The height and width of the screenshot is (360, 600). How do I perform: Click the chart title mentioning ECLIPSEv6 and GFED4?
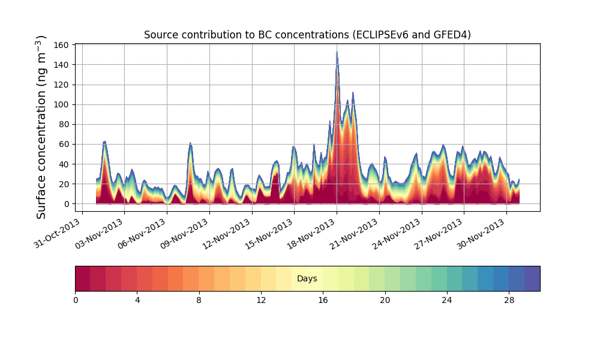click(x=307, y=35)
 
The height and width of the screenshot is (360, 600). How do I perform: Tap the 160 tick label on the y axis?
click(x=61, y=45)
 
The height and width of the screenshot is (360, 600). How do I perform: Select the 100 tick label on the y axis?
click(x=61, y=105)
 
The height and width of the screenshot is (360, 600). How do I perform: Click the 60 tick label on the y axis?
click(x=64, y=145)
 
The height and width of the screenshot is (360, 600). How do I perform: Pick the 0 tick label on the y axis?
click(x=67, y=204)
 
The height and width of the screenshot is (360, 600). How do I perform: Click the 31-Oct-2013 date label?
click(x=58, y=233)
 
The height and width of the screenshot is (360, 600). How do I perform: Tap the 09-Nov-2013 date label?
click(x=184, y=233)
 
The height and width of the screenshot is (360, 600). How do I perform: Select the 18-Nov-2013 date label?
click(x=311, y=233)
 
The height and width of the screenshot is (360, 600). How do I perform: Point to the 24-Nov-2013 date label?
click(x=397, y=233)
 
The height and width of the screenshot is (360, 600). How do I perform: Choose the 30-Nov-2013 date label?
click(x=481, y=233)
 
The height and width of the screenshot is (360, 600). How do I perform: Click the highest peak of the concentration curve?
click(x=337, y=52)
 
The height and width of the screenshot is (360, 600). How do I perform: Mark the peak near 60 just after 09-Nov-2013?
click(x=190, y=143)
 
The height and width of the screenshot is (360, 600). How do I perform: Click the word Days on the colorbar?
click(x=307, y=278)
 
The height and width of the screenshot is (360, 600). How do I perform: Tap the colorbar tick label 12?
click(x=261, y=301)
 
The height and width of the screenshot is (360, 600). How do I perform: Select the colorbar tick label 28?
click(x=509, y=301)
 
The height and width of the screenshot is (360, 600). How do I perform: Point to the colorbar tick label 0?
click(x=76, y=301)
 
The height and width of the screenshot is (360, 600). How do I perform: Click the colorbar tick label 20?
click(x=385, y=301)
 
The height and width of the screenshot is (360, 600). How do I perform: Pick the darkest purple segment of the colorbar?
click(x=532, y=278)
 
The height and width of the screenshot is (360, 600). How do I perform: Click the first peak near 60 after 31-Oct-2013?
click(x=104, y=142)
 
